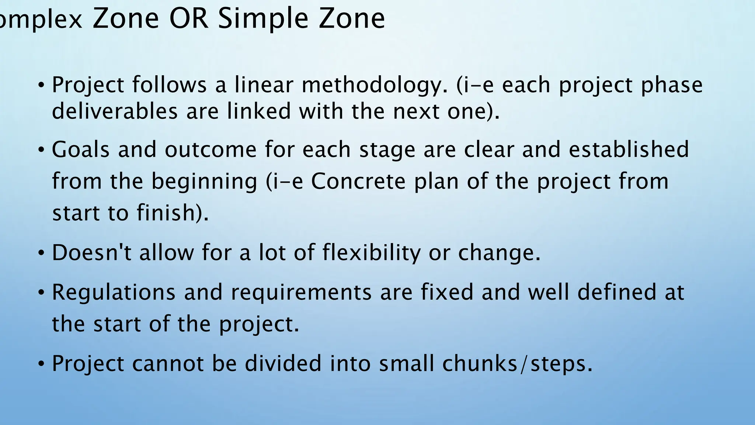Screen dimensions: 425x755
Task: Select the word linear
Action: pyautogui.click(x=264, y=85)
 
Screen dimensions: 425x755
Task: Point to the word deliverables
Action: pyautogui.click(x=115, y=111)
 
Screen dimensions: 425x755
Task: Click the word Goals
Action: pyautogui.click(x=81, y=149)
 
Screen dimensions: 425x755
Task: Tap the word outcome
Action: pyautogui.click(x=211, y=150)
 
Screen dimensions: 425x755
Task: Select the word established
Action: pyautogui.click(x=629, y=149)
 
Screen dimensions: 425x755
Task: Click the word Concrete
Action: pyautogui.click(x=358, y=182)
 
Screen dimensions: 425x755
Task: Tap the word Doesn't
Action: pyautogui.click(x=91, y=253)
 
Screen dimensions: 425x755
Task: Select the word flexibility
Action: pyautogui.click(x=371, y=253)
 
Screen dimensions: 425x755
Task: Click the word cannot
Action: pyautogui.click(x=167, y=363)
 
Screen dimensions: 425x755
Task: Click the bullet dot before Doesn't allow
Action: pyautogui.click(x=41, y=254)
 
